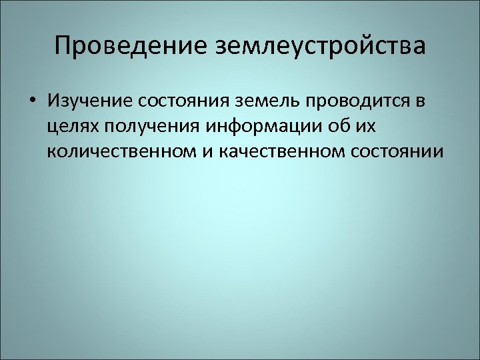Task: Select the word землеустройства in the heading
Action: pyautogui.click(x=319, y=47)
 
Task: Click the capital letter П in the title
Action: pyautogui.click(x=64, y=47)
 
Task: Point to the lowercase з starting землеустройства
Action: pyautogui.click(x=221, y=47)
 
